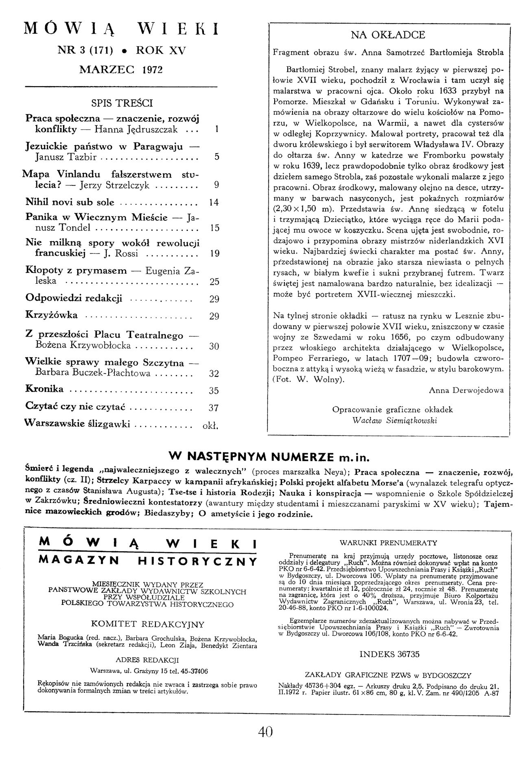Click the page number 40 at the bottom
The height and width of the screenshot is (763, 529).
click(x=265, y=731)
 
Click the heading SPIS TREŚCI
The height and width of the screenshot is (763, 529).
click(x=122, y=103)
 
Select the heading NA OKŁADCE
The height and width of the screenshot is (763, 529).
click(x=388, y=35)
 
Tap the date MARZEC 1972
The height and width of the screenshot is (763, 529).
click(x=121, y=69)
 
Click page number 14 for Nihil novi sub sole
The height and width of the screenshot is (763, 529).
click(x=214, y=202)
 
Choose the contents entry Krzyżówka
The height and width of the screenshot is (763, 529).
click(x=52, y=315)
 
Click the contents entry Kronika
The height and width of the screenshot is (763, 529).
click(x=44, y=389)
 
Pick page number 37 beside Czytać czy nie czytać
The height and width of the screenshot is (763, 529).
click(x=214, y=407)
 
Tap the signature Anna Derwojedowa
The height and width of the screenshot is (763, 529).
click(x=466, y=390)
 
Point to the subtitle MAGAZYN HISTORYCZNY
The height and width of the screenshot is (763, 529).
click(x=148, y=561)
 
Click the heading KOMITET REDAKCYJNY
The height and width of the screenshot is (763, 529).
click(x=148, y=624)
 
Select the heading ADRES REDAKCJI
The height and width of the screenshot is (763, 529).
click(x=147, y=660)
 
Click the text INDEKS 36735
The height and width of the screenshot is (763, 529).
click(x=389, y=654)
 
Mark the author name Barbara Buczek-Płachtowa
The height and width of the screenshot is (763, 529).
click(x=93, y=373)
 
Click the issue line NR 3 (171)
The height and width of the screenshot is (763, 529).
click(x=86, y=50)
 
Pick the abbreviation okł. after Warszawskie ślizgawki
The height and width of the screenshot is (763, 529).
click(x=211, y=426)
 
